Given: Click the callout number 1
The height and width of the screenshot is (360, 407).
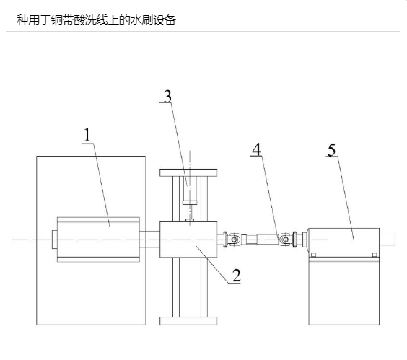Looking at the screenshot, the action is pos(87,135).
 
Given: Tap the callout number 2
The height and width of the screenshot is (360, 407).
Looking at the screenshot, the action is pos(236,276).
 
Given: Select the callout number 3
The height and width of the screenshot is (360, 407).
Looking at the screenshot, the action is pos(167,96).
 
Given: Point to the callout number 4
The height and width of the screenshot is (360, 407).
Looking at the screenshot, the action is pos(256,149).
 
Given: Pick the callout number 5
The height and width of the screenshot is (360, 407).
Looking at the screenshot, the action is pos(332,150).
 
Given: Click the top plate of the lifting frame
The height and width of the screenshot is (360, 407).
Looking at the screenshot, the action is pos(188,172).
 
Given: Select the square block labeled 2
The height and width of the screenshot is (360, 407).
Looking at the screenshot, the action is pos(188,240).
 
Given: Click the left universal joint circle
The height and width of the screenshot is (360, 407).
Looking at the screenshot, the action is pos(235,240).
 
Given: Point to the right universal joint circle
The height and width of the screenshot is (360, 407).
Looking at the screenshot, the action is pos(285,240).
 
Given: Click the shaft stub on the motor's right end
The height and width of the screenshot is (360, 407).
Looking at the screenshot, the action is pos(388,240).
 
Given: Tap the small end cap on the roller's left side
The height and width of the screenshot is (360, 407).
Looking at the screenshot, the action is pos(55,240).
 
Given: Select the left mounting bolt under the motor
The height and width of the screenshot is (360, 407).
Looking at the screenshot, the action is pos(313,255).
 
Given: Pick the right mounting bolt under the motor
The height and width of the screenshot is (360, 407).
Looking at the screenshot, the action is pos(375,255).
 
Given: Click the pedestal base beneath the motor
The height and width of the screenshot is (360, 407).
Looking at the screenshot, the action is pos(344,291).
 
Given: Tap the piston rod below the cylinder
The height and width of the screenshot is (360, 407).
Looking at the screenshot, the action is pos(190,212).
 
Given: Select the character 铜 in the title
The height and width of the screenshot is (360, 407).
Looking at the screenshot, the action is pos(56,19).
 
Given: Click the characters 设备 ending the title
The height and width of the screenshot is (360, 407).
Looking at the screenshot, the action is pos(165,19).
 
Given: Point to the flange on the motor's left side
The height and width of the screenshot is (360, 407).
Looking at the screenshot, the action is pos(294,240).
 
